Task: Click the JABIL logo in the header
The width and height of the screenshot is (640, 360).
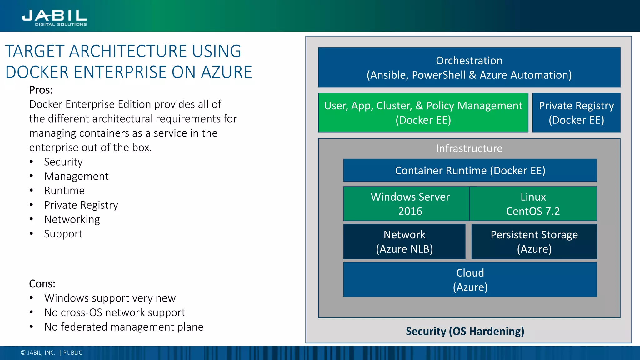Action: [54, 17]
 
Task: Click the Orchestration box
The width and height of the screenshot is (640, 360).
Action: [469, 67]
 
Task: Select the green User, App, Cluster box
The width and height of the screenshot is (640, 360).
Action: [423, 112]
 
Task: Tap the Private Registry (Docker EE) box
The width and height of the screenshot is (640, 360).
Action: [576, 112]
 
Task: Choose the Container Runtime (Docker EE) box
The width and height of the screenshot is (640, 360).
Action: [470, 171]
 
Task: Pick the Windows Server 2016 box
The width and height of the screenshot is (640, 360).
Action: [407, 204]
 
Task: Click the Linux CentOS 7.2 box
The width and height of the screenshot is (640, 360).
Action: [533, 204]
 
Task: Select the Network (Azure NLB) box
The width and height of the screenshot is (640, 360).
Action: [404, 242]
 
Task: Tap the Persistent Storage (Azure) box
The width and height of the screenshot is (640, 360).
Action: [534, 242]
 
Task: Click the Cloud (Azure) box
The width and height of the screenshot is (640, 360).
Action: [470, 280]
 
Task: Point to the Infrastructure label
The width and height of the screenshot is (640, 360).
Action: [469, 148]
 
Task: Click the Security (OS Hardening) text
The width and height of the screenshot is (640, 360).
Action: [465, 331]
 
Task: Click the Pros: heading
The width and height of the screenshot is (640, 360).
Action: [41, 90]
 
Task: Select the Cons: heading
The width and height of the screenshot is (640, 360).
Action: [42, 284]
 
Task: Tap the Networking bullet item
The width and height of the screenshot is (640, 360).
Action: [72, 219]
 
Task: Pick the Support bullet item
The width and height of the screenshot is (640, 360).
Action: [63, 234]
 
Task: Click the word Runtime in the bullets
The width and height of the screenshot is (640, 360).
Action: [64, 191]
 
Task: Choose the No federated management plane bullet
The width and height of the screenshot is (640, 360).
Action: [124, 327]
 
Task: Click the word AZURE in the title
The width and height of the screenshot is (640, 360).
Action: [226, 72]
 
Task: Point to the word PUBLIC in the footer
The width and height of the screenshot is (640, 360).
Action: [73, 353]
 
